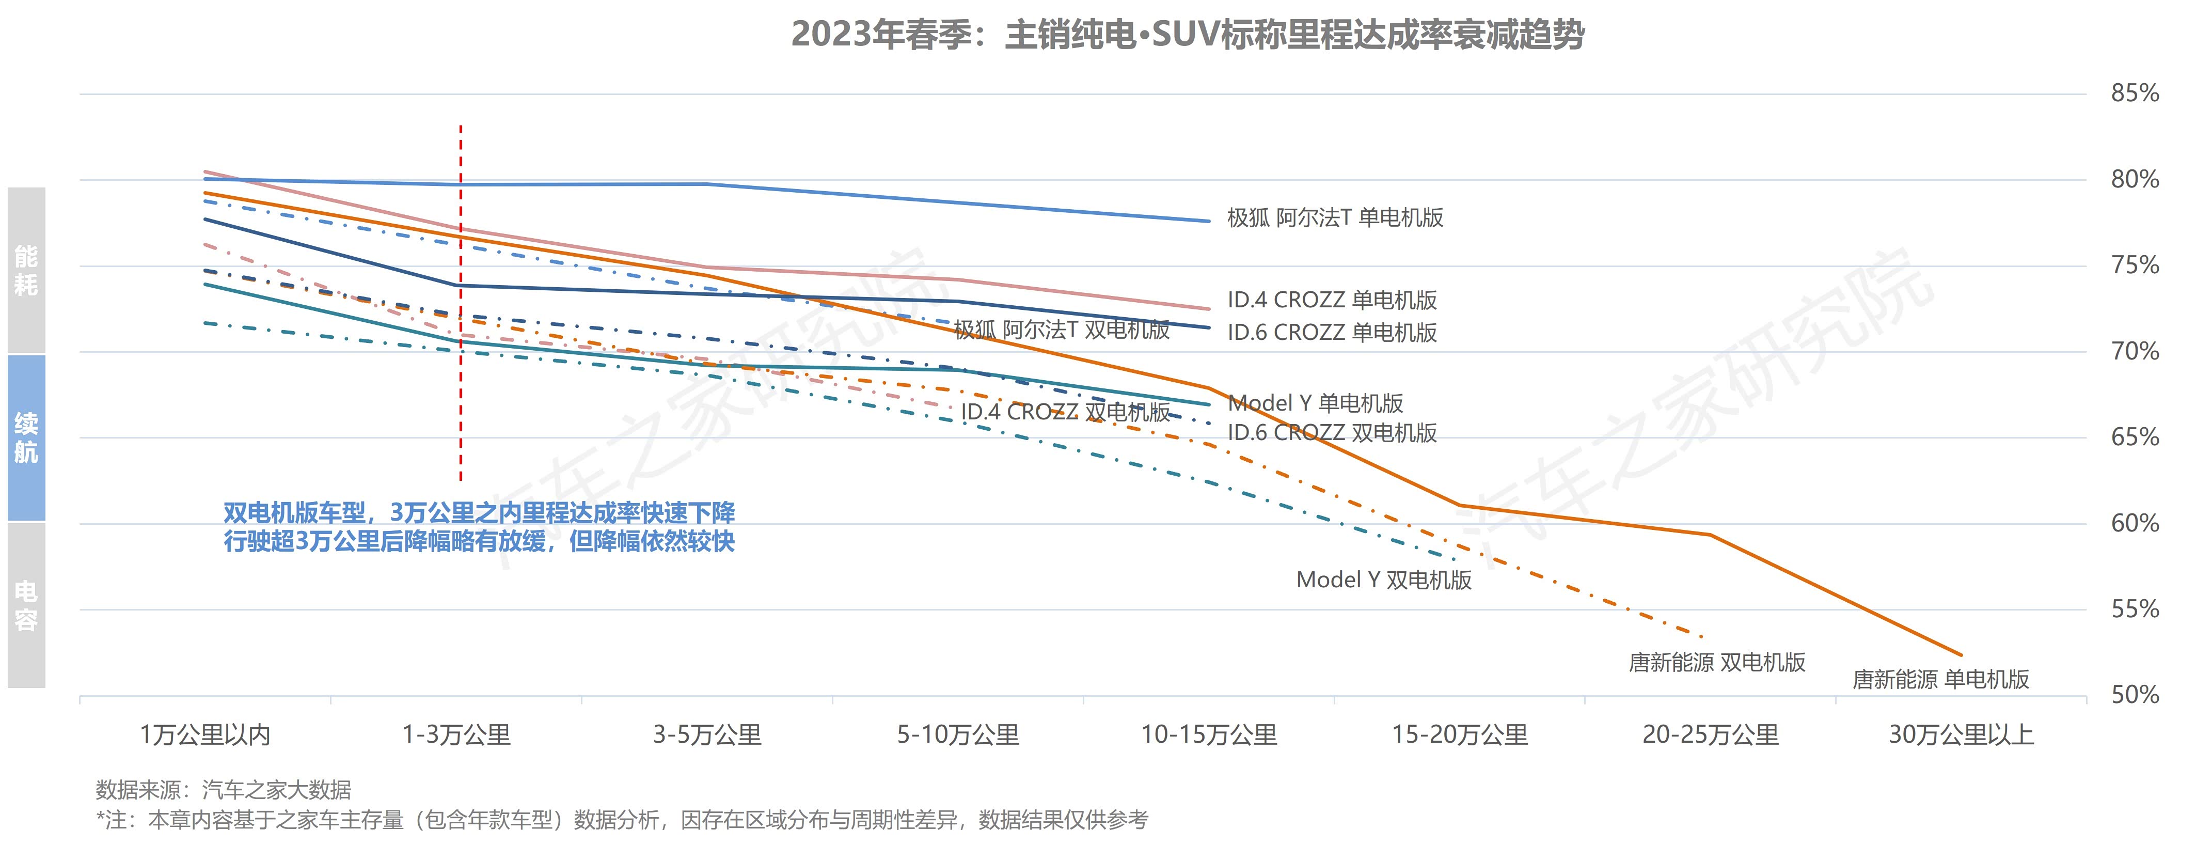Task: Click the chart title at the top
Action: pos(1188,35)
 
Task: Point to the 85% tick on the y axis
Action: pos(2135,93)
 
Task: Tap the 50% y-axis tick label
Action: pos(2135,695)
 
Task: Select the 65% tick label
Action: pos(2135,437)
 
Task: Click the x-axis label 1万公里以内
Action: pos(205,735)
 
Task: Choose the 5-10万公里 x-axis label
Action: pos(957,735)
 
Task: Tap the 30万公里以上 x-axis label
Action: pos(1961,735)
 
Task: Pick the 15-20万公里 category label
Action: pos(1460,735)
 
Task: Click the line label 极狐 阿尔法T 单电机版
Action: pos(1335,218)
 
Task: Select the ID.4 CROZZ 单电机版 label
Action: pos(1332,300)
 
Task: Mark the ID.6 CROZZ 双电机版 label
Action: pos(1332,433)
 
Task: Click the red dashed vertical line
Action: pos(461,301)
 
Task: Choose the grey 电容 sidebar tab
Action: pos(26,605)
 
